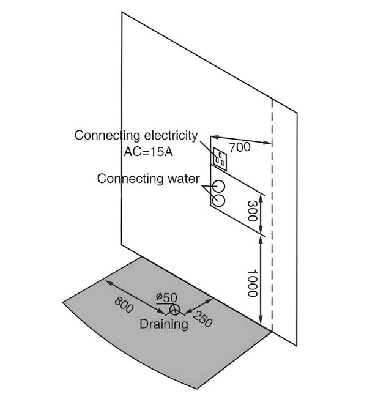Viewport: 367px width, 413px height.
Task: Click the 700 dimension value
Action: click(x=239, y=147)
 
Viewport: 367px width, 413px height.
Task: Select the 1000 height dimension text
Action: click(x=250, y=283)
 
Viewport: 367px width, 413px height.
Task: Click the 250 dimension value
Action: click(x=202, y=319)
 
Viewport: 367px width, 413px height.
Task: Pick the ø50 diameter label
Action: click(x=166, y=297)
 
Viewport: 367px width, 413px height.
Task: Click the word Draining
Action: click(x=163, y=324)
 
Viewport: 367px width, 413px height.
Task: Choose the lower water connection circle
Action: click(x=218, y=199)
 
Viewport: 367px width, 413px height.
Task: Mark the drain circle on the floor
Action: click(x=176, y=310)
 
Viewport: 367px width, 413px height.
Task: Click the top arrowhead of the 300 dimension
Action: click(x=262, y=195)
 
